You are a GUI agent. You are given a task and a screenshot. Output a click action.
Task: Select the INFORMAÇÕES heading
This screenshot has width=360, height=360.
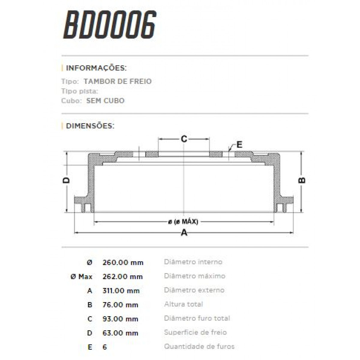click(96, 68)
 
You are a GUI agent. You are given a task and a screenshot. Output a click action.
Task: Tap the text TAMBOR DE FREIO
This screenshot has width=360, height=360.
click(118, 81)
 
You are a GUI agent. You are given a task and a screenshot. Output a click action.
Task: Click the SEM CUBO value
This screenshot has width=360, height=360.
click(105, 100)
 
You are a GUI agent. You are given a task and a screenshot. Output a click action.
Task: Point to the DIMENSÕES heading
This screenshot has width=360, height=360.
click(90, 126)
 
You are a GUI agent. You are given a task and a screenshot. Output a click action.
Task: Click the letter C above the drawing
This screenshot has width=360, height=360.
click(184, 139)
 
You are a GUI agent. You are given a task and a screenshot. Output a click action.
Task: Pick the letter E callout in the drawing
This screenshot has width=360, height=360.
click(239, 145)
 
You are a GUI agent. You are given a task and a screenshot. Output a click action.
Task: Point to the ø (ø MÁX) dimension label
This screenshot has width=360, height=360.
click(183, 222)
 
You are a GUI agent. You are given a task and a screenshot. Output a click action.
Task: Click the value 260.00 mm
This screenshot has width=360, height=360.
click(123, 262)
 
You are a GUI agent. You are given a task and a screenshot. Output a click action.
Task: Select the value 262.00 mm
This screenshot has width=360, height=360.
click(123, 277)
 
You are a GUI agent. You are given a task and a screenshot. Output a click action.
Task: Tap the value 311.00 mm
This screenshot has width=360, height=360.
click(121, 291)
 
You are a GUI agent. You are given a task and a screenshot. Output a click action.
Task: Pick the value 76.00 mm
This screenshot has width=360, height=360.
click(120, 305)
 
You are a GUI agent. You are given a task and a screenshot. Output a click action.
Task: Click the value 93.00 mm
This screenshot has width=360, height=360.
click(120, 319)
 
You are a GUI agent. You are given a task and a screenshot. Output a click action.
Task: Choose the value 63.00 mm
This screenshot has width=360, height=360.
click(120, 333)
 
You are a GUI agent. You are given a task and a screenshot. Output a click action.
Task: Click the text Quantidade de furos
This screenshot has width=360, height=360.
click(199, 347)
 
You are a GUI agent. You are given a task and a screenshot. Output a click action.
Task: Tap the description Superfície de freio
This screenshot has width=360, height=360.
click(195, 332)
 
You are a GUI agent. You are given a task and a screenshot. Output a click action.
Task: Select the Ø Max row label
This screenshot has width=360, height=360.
click(81, 277)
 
